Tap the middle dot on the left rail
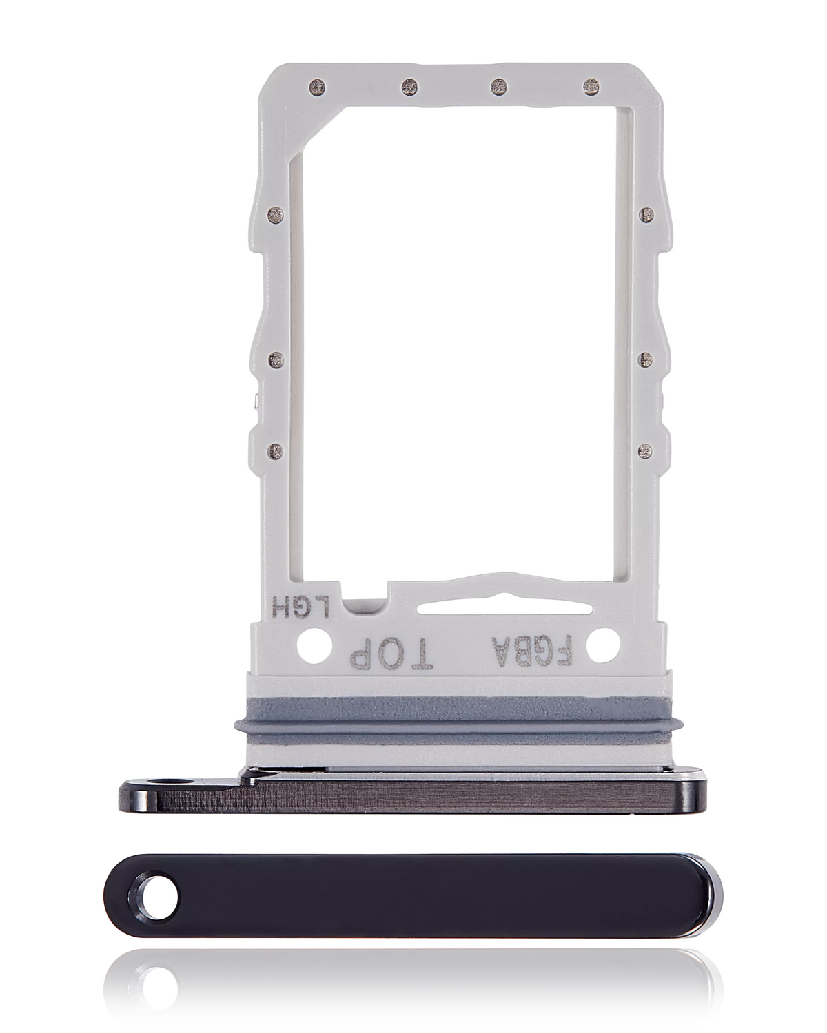(276, 359)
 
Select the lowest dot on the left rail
(276, 450)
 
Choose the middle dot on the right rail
(645, 359)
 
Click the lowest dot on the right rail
(645, 450)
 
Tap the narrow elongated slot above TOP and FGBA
(504, 607)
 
